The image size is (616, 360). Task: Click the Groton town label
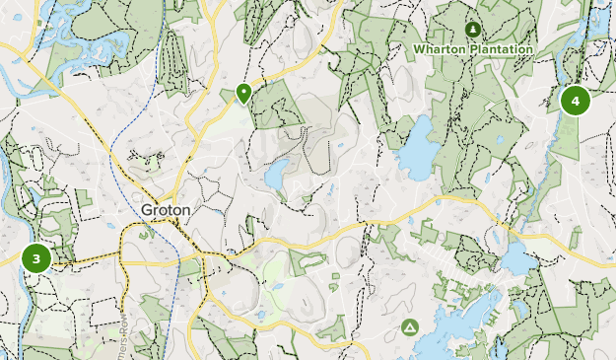click(165, 210)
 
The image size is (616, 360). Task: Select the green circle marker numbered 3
click(36, 258)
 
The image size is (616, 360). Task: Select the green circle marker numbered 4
click(575, 100)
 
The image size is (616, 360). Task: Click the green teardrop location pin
click(242, 94)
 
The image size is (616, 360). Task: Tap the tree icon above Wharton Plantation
click(472, 30)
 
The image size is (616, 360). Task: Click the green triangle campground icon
click(409, 326)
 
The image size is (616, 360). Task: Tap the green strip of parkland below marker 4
click(566, 138)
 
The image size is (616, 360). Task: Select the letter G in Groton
click(146, 210)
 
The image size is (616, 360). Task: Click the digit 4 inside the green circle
click(575, 100)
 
